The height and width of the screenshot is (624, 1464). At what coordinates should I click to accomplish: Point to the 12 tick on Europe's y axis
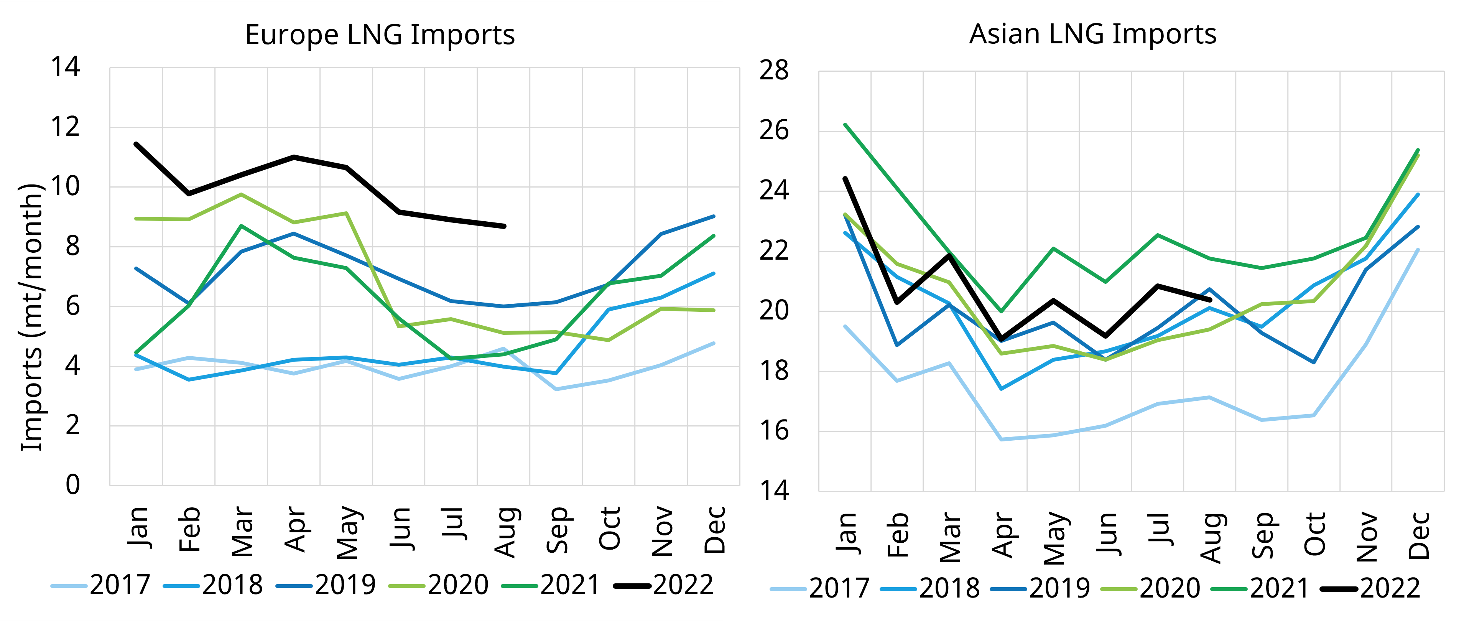(x=65, y=127)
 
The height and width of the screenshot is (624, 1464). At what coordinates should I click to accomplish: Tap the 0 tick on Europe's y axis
(x=73, y=485)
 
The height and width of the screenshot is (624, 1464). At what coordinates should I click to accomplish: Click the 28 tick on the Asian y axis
(x=774, y=71)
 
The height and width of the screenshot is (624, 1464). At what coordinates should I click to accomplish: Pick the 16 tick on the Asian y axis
(x=774, y=431)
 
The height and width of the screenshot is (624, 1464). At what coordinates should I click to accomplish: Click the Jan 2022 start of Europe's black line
(x=136, y=144)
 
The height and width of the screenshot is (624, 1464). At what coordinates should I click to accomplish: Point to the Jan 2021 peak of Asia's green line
(x=845, y=125)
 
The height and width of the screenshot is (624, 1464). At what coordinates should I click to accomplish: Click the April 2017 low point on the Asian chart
(x=1002, y=439)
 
